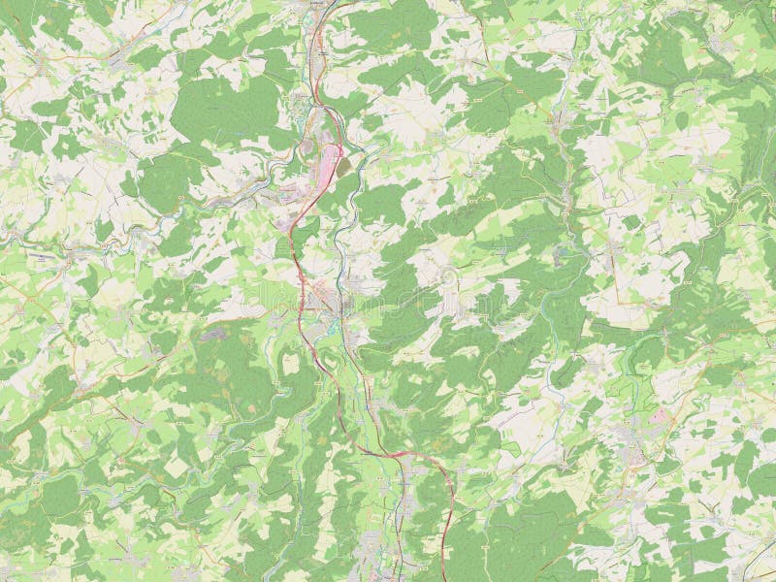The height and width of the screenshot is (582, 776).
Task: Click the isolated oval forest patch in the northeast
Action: (x=682, y=119)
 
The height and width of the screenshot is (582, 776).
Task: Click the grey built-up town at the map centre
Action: (x=325, y=301)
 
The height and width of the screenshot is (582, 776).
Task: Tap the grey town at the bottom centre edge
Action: (x=373, y=553)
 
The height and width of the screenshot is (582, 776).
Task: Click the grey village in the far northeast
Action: (x=718, y=44)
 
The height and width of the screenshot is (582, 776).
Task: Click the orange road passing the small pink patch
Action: (x=679, y=407)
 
